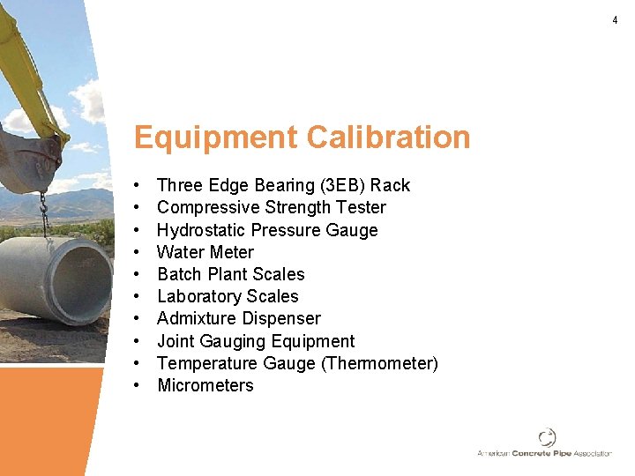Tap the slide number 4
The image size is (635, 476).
(x=616, y=20)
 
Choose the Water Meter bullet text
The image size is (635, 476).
(x=205, y=252)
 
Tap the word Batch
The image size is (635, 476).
(x=179, y=274)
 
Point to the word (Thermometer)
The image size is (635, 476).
(x=381, y=363)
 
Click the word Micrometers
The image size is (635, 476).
(x=205, y=385)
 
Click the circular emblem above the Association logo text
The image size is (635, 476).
(x=547, y=437)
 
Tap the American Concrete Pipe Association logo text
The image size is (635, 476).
(x=544, y=453)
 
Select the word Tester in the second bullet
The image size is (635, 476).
(x=361, y=207)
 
